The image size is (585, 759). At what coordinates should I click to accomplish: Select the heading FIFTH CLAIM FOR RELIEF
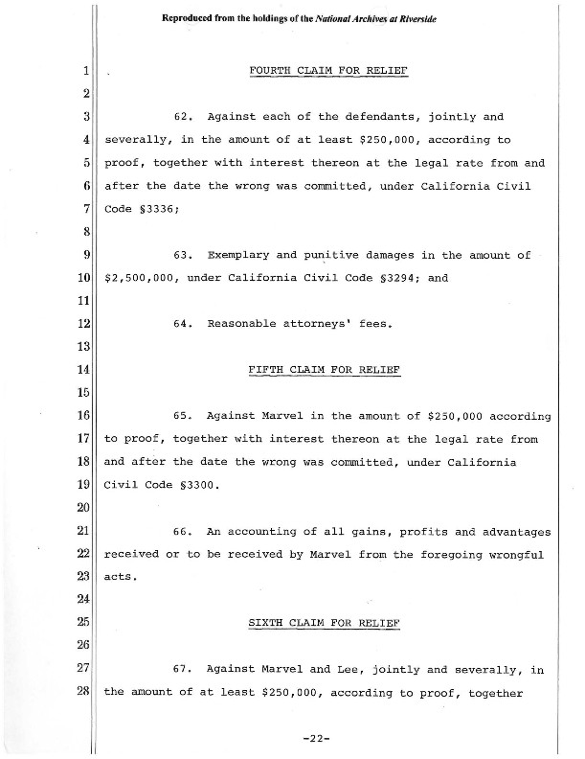click(x=323, y=369)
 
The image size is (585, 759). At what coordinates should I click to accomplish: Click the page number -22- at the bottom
click(x=315, y=739)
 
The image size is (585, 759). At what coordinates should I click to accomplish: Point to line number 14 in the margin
click(x=84, y=369)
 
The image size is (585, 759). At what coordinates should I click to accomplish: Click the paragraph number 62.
click(x=186, y=117)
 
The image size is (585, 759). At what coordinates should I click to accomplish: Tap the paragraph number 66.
click(x=186, y=531)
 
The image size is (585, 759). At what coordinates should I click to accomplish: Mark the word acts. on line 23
click(x=121, y=577)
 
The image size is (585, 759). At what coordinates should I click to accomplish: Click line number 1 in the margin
click(x=86, y=71)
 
